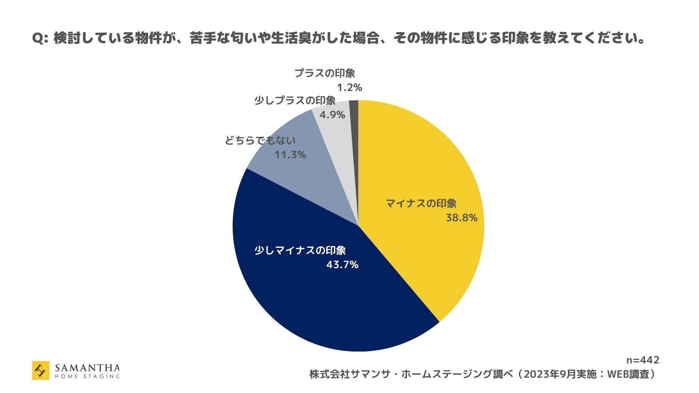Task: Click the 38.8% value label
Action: (461, 218)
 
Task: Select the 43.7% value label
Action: (342, 265)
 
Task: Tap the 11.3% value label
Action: (290, 155)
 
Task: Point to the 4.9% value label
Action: (332, 115)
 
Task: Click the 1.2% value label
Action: (349, 88)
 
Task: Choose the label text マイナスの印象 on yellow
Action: (421, 203)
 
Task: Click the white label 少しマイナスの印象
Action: (300, 250)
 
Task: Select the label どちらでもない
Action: (260, 140)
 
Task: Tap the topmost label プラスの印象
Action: (324, 73)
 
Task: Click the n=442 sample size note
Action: (642, 360)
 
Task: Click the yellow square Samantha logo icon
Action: (41, 370)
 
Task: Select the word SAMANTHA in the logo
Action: (87, 367)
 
